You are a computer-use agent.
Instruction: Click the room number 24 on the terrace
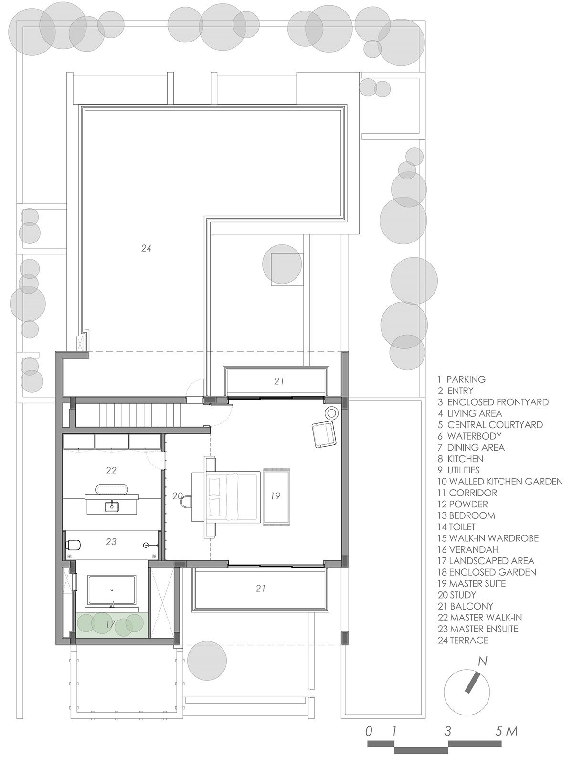point(146,248)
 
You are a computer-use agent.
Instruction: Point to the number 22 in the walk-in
point(111,470)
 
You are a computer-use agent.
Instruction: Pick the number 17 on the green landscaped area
point(110,633)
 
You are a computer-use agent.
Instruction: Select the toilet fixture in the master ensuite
point(73,545)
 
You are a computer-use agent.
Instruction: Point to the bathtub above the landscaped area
point(111,590)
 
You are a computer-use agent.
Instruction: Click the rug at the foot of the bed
point(276,496)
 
